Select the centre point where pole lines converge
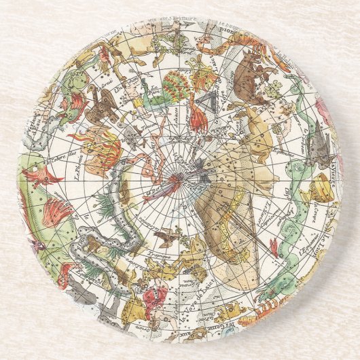tap(180, 180)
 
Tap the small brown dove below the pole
tap(165, 238)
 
